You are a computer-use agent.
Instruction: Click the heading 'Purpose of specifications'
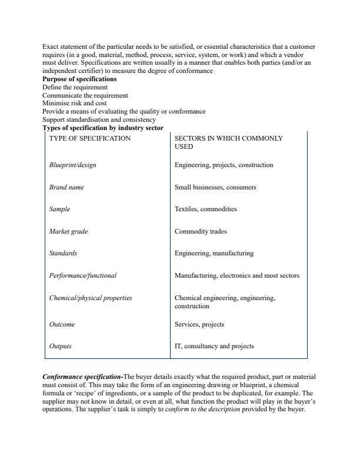pos(79,79)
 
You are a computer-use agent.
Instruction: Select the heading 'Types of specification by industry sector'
pos(103,128)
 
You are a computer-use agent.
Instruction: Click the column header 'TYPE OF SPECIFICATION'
pos(90,139)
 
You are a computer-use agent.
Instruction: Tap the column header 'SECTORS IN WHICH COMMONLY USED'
pos(228,142)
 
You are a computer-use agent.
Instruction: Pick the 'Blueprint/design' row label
pos(72,165)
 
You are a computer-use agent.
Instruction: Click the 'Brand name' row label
pos(66,188)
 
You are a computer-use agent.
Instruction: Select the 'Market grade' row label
pos(68,232)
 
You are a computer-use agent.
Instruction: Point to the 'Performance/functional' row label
pos(83,275)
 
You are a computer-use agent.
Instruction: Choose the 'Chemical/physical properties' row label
pos(91,298)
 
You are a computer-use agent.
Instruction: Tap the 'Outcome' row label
pos(62,324)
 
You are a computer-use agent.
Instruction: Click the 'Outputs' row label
pos(61,347)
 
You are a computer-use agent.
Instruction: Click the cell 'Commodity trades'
pos(201,232)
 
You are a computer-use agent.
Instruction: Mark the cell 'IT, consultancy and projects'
pos(214,347)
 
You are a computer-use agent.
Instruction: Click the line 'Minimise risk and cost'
pos(75,103)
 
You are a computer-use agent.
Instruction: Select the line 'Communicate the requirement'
pos(85,95)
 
